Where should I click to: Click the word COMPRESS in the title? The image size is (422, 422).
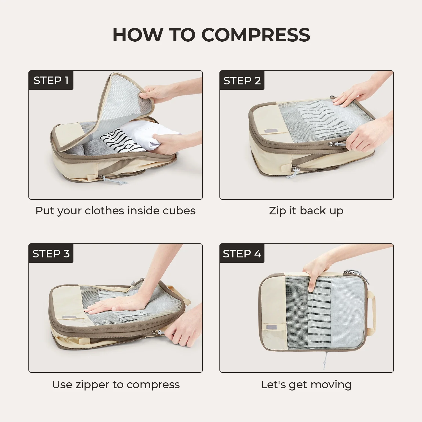click(x=256, y=35)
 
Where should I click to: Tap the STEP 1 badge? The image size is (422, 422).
click(x=51, y=80)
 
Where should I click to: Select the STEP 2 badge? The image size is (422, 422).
click(x=242, y=80)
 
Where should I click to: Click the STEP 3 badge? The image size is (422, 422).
click(x=51, y=253)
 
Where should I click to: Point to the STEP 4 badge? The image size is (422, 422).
click(x=242, y=253)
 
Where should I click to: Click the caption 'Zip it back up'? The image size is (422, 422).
click(x=306, y=211)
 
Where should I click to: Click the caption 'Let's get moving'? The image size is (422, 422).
click(x=306, y=385)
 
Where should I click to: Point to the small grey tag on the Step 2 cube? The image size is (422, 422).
click(x=271, y=131)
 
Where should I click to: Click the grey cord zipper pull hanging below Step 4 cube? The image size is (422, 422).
click(x=326, y=360)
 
